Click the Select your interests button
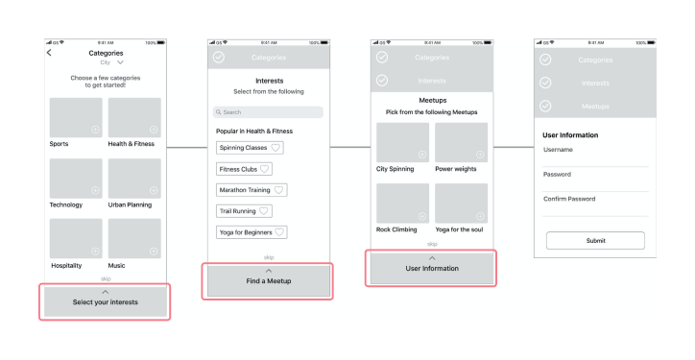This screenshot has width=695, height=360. (106, 302)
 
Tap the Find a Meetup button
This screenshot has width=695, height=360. (268, 279)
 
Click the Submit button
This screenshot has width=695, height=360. (595, 241)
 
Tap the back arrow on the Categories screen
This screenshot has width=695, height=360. (50, 54)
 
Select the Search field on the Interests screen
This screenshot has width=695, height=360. (268, 112)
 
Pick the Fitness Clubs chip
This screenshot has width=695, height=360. (245, 169)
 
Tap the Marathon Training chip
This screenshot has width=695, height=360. (252, 190)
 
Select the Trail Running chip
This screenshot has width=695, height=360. (245, 210)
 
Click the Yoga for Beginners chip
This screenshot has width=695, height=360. (252, 231)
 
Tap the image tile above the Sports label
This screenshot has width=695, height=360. (76, 117)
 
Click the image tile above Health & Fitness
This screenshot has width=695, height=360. (134, 117)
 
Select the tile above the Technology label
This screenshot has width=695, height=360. (76, 178)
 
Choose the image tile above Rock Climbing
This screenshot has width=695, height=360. (402, 203)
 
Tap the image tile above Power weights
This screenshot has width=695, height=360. (461, 142)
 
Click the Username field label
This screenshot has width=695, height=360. (560, 150)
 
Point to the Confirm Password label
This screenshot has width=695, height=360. (569, 199)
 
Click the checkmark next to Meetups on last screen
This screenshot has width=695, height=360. (546, 106)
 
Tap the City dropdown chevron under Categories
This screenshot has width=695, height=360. (120, 62)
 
